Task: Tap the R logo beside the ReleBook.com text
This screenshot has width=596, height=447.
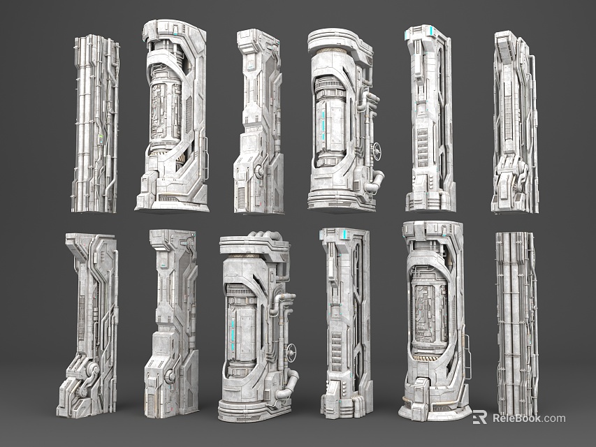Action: point(480,418)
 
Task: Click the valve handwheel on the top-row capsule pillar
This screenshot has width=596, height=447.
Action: point(378,149)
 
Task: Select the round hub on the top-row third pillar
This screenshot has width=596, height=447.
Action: point(260,170)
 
